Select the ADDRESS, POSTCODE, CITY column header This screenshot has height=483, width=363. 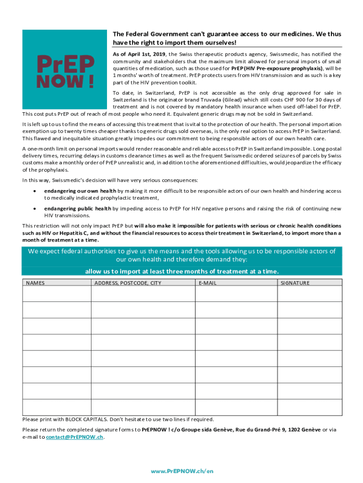point(128,283)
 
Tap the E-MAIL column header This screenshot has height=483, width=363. point(207,283)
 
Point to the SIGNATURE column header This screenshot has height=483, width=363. point(295,283)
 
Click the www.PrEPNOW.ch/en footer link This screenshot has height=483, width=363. point(181,471)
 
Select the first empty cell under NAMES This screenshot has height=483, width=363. point(57,294)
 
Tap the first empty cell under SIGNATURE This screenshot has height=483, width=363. point(309,294)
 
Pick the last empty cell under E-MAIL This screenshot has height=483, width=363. point(236,407)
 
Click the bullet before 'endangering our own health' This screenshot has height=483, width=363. point(34,191)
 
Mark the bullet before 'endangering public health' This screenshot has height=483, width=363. point(34,208)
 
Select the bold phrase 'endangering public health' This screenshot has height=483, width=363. point(78,208)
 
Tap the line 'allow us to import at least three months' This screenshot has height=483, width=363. point(181,271)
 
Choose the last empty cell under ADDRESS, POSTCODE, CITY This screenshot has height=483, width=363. point(143,407)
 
